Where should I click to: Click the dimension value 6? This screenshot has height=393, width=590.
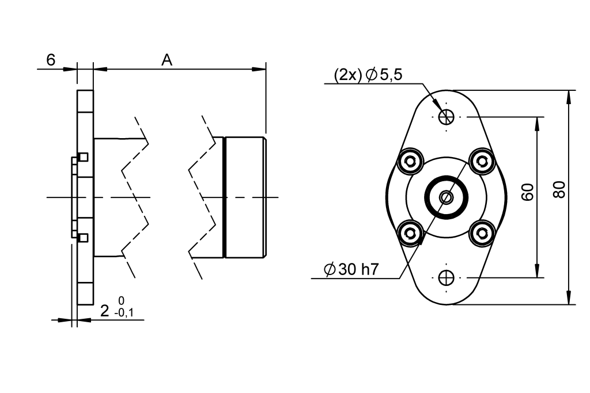coord(51,60)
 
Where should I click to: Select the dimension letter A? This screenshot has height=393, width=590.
coord(167,60)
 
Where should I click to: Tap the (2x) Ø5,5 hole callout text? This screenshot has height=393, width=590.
coord(368,75)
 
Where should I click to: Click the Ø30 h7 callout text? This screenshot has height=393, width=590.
coord(350,269)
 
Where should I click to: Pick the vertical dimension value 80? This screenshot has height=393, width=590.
coord(558,189)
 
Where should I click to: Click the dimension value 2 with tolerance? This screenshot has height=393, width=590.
coord(104,311)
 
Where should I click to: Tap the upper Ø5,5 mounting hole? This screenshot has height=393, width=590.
coord(446,117)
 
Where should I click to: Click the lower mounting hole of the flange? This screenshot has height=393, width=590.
coord(446,278)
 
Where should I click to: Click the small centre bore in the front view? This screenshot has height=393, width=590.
coord(446,197)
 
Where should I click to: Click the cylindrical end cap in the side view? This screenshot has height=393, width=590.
coord(245,197)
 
